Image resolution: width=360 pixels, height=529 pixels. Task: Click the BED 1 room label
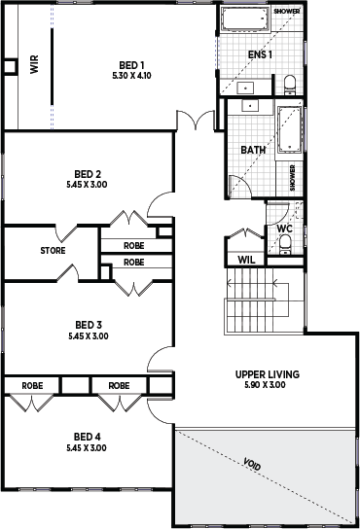click(131, 65)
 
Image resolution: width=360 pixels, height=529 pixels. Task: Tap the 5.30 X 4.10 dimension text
click(131, 76)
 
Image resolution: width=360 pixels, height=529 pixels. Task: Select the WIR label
click(34, 64)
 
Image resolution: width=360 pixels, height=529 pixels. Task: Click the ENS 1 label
click(260, 54)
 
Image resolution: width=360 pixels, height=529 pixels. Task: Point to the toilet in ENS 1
click(290, 85)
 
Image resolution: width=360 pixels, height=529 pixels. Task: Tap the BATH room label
click(253, 150)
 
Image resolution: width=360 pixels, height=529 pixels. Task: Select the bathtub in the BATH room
click(289, 130)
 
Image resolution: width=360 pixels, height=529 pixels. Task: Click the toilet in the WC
click(285, 245)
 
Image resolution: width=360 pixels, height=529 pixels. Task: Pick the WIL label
click(246, 260)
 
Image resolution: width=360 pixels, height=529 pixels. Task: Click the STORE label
click(53, 251)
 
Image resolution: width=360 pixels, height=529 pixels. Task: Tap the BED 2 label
click(88, 174)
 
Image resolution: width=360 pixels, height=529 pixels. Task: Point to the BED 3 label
click(89, 325)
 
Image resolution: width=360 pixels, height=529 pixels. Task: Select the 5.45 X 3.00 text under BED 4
click(87, 447)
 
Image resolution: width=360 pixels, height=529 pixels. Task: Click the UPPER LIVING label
click(268, 374)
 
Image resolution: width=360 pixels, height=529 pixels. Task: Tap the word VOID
click(252, 465)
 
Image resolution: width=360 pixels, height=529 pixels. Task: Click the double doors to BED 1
click(196, 121)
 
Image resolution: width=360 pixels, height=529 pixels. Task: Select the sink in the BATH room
click(250, 106)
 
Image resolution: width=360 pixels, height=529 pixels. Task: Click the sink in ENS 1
click(245, 88)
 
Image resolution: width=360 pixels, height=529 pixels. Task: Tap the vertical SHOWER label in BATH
click(293, 178)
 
